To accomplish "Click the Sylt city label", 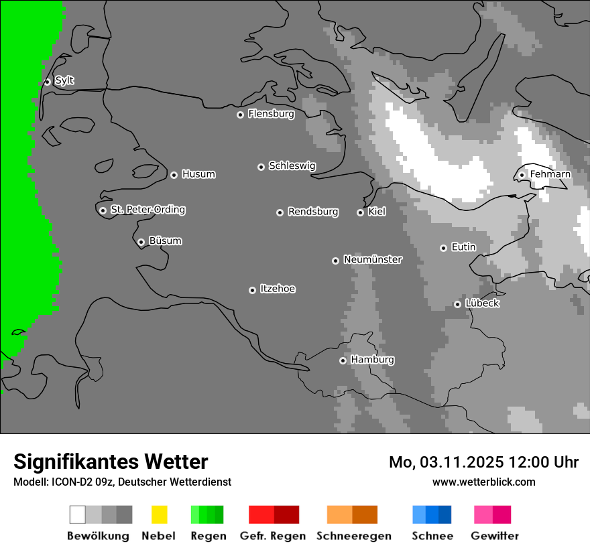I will point(64,80).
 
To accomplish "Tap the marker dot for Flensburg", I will point(240,115).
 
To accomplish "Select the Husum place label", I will point(198,174).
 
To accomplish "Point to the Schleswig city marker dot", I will point(261,167).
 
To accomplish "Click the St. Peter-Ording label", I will point(147,210).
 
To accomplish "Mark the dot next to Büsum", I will point(141,242).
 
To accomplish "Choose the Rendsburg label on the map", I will point(313,212).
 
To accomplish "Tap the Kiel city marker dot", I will point(360,212).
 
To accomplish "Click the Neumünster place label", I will point(373,259).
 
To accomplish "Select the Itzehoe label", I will point(278,289).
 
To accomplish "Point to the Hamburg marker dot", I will point(343,360).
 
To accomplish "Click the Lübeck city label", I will point(482,303).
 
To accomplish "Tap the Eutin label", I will point(463,247).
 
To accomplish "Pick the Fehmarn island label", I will point(550,174).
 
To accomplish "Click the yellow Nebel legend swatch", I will point(159,514).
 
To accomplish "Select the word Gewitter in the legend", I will point(495,536).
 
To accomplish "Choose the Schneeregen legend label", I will point(354,536).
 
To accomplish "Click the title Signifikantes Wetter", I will point(111,462).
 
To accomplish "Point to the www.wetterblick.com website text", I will point(484,482).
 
